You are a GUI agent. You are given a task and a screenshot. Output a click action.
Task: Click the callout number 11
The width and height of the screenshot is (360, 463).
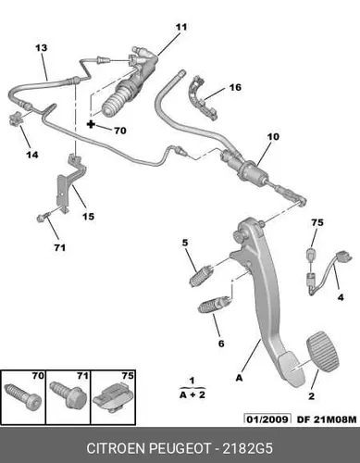click(181, 27)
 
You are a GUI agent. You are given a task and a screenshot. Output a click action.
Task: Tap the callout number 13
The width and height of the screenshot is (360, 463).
click(42, 48)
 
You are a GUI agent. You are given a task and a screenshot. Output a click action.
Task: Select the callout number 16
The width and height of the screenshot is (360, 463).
click(235, 87)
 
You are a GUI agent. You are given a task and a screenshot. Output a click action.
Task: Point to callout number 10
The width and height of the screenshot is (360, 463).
click(273, 136)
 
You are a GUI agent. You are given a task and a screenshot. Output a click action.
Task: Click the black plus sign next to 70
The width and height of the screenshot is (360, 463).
click(91, 124)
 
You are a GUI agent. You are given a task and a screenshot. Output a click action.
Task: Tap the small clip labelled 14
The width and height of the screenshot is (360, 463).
click(16, 119)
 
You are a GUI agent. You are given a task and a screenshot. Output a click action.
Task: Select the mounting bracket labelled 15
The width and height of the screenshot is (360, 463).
click(70, 182)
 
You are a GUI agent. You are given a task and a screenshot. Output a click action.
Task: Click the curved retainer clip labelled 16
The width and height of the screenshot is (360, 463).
click(201, 97)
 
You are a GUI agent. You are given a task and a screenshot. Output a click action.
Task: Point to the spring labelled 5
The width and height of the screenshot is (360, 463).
click(200, 275)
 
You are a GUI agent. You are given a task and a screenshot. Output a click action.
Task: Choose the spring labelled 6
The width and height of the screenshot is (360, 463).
click(214, 305)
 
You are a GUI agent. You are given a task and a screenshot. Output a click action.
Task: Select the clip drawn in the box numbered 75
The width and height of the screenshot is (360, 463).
click(113, 398)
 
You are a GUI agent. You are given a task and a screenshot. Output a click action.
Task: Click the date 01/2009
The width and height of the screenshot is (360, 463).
click(267, 419)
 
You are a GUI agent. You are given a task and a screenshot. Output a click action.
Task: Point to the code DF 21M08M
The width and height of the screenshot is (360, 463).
click(327, 419)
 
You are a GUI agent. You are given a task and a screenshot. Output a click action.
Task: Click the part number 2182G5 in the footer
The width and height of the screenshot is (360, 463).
click(248, 448)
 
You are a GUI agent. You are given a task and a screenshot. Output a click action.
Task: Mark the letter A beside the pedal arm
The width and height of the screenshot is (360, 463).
click(239, 378)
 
